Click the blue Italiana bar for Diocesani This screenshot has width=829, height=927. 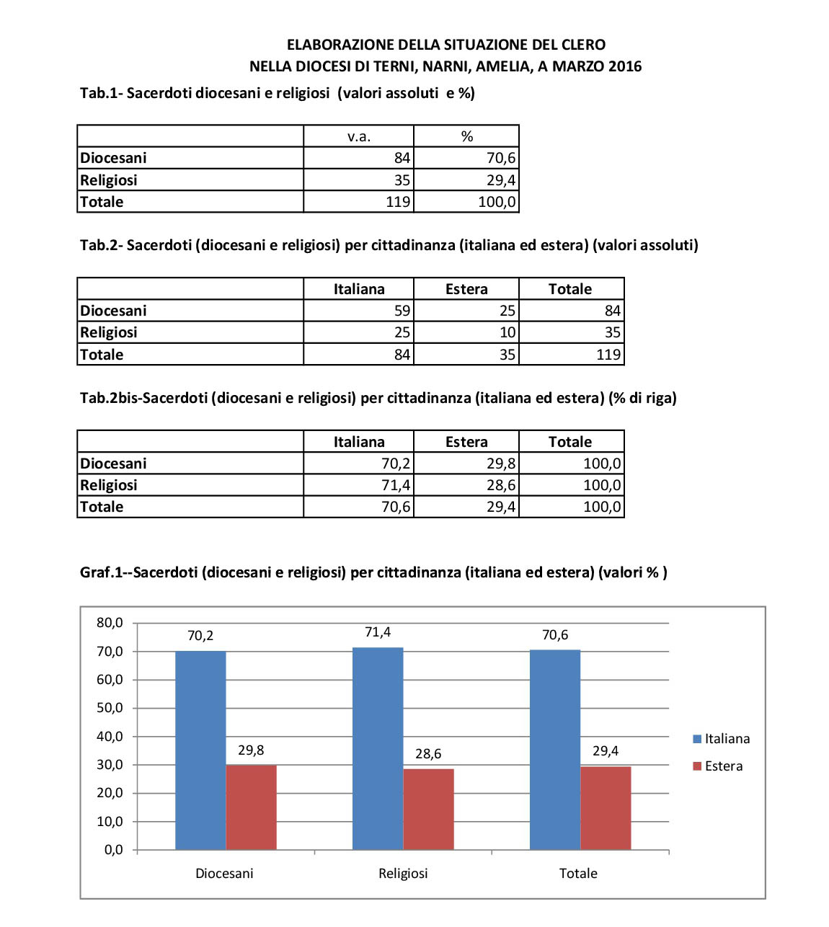coord(200,750)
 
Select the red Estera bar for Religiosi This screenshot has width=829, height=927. coord(428,809)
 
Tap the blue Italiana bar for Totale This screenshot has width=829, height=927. coord(555,750)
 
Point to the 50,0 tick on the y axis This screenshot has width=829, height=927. coord(110,708)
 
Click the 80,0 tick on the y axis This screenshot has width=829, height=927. coord(110,623)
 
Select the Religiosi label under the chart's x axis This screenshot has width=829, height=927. coord(403,874)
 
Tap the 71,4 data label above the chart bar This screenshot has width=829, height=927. coord(378,632)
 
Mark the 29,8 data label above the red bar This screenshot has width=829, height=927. coord(251,750)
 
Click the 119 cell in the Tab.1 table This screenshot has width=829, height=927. coord(398,202)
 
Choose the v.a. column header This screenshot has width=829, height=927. coord(358,136)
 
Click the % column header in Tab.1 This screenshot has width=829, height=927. coord(466,136)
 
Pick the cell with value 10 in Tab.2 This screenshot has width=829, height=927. coord(507,332)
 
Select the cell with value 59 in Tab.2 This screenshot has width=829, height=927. coord(402,311)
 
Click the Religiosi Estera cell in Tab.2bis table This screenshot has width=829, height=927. coord(500,485)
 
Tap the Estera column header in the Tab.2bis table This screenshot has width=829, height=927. coord(466,442)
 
